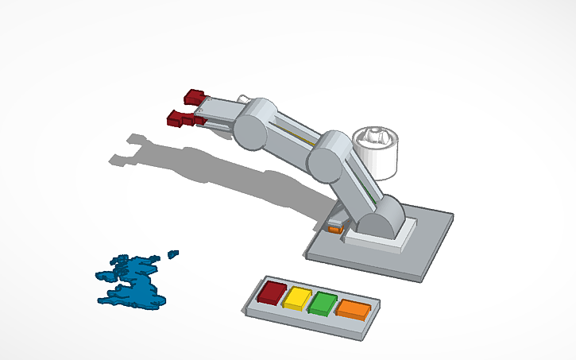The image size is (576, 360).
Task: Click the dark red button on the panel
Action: (x=272, y=292)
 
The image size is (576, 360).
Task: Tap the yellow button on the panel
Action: (x=297, y=298)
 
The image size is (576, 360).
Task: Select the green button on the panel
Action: (x=323, y=303)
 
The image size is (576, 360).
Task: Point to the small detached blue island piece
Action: (x=172, y=254)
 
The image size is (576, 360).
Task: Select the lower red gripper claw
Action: (x=176, y=119)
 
